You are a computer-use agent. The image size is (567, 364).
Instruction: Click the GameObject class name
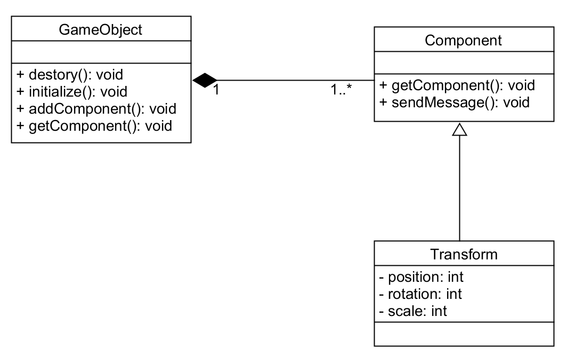[x=101, y=29]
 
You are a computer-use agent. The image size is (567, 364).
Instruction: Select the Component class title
[x=464, y=41]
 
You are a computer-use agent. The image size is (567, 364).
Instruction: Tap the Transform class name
[x=464, y=254]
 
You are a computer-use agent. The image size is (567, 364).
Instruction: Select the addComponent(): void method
[x=96, y=109]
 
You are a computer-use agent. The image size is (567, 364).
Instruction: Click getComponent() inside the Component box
[x=457, y=85]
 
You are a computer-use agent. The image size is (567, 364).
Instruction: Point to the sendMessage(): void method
[x=454, y=102]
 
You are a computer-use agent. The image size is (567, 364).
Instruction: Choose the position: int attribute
[x=421, y=277]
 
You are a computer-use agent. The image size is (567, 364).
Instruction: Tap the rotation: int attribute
[x=420, y=294]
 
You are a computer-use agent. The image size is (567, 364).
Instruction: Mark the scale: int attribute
[x=413, y=311]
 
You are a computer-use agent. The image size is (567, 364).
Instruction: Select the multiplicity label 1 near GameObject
[x=216, y=90]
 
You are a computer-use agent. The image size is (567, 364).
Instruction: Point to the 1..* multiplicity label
[x=341, y=90]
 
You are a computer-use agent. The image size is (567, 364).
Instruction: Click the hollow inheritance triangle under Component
[x=459, y=129]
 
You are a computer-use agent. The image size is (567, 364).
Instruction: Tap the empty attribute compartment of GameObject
[x=101, y=53]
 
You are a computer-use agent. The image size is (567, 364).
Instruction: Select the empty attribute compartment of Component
[x=464, y=64]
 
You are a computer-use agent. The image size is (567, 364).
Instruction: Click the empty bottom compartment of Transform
[x=464, y=334]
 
